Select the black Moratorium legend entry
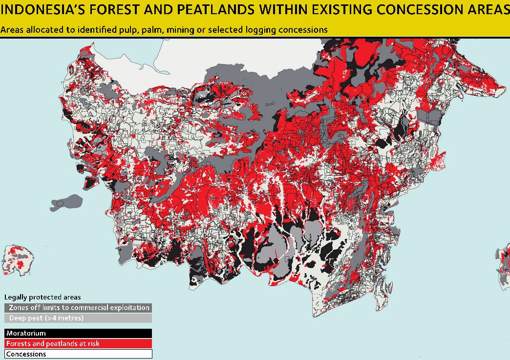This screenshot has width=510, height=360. (x=78, y=334)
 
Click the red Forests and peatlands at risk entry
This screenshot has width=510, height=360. (x=78, y=344)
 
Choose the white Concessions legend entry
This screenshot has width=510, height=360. (x=78, y=354)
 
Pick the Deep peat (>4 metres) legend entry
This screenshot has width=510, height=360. (x=78, y=318)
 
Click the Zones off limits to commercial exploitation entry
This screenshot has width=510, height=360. (x=78, y=308)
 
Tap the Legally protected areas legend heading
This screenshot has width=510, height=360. (x=42, y=297)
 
